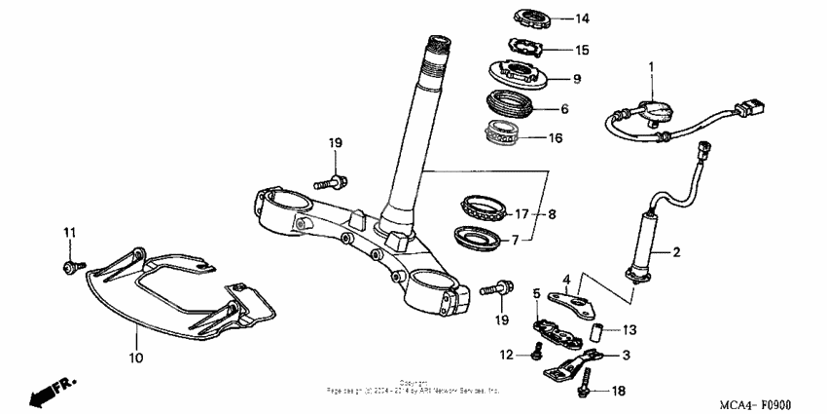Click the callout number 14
click(582, 19)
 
